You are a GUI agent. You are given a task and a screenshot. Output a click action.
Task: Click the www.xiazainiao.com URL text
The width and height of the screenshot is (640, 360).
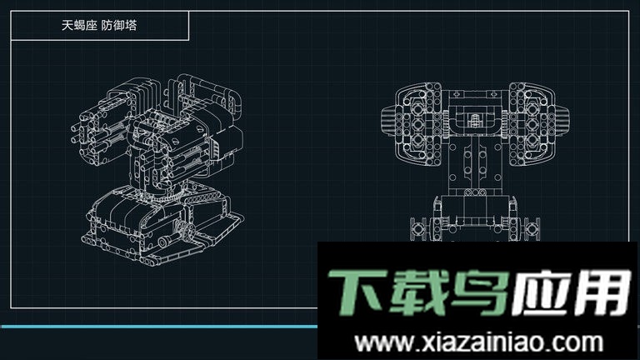[478, 342]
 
